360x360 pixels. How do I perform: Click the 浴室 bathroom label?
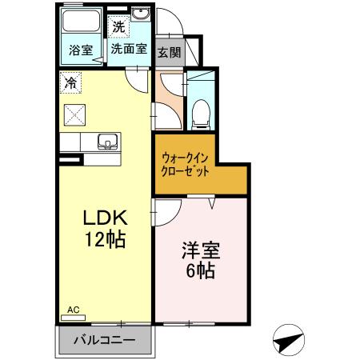pyautogui.click(x=81, y=49)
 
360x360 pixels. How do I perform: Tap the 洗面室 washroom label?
pyautogui.click(x=128, y=48)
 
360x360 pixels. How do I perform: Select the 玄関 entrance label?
pyautogui.click(x=168, y=53)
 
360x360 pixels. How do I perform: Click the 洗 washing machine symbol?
pyautogui.click(x=118, y=26)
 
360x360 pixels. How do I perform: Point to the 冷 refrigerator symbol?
pyautogui.click(x=71, y=82)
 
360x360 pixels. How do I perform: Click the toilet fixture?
pyautogui.click(x=201, y=115)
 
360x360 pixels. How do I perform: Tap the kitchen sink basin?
pyautogui.click(x=106, y=142)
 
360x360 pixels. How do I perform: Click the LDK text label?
pyautogui.click(x=103, y=218)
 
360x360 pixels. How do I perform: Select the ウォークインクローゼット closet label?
pyautogui.click(x=186, y=164)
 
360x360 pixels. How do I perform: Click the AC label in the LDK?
pyautogui.click(x=73, y=308)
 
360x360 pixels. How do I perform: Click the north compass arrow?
pyautogui.click(x=290, y=340)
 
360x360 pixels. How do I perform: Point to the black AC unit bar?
pyautogui.click(x=70, y=160)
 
